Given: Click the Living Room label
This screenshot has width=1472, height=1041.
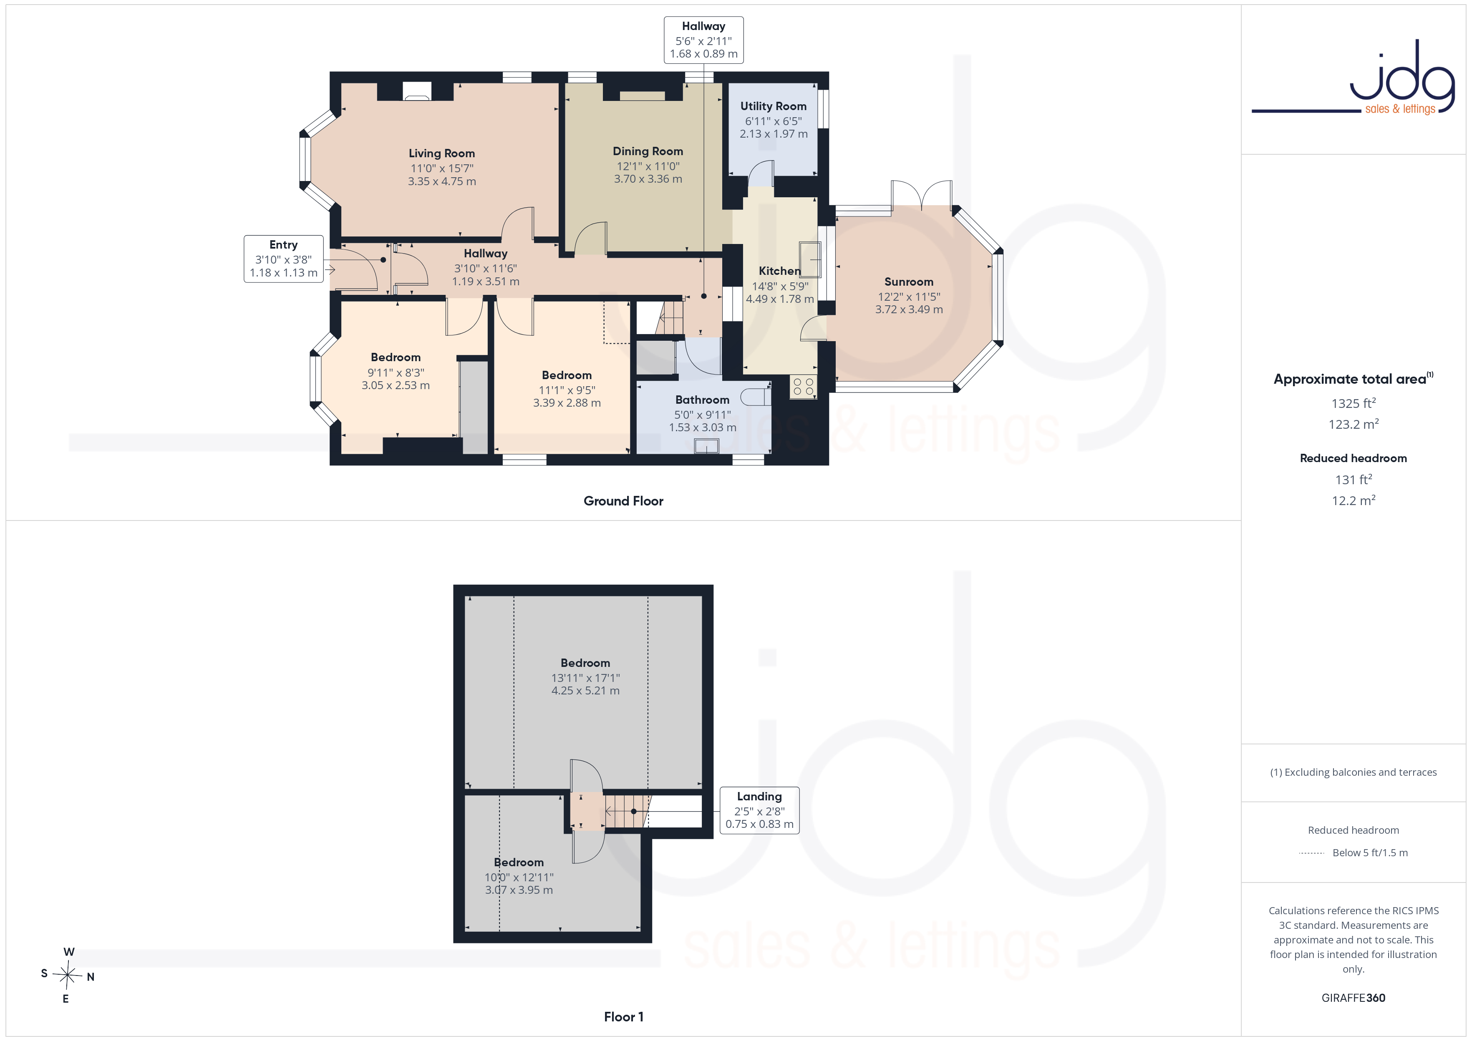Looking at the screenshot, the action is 442,153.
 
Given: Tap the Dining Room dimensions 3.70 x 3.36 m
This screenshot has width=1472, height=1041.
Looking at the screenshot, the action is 648,179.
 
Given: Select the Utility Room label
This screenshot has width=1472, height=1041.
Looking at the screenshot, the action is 773,106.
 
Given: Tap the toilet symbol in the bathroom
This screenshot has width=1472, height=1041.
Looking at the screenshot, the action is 755,397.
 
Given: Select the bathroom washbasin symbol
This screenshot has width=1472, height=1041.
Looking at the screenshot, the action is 706,445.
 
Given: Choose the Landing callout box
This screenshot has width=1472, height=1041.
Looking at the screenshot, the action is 759,810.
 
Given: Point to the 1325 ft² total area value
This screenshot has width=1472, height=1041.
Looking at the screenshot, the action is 1354,403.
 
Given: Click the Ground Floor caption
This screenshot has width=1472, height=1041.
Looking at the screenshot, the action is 623,501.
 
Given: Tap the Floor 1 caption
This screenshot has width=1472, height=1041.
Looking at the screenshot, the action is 623,1017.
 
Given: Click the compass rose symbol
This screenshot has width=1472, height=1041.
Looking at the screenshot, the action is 67,976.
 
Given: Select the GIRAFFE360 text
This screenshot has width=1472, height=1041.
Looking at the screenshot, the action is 1354,998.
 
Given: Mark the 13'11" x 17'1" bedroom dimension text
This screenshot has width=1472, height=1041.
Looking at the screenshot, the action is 585,678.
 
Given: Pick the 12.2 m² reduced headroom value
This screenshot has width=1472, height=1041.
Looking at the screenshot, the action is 1354,500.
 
